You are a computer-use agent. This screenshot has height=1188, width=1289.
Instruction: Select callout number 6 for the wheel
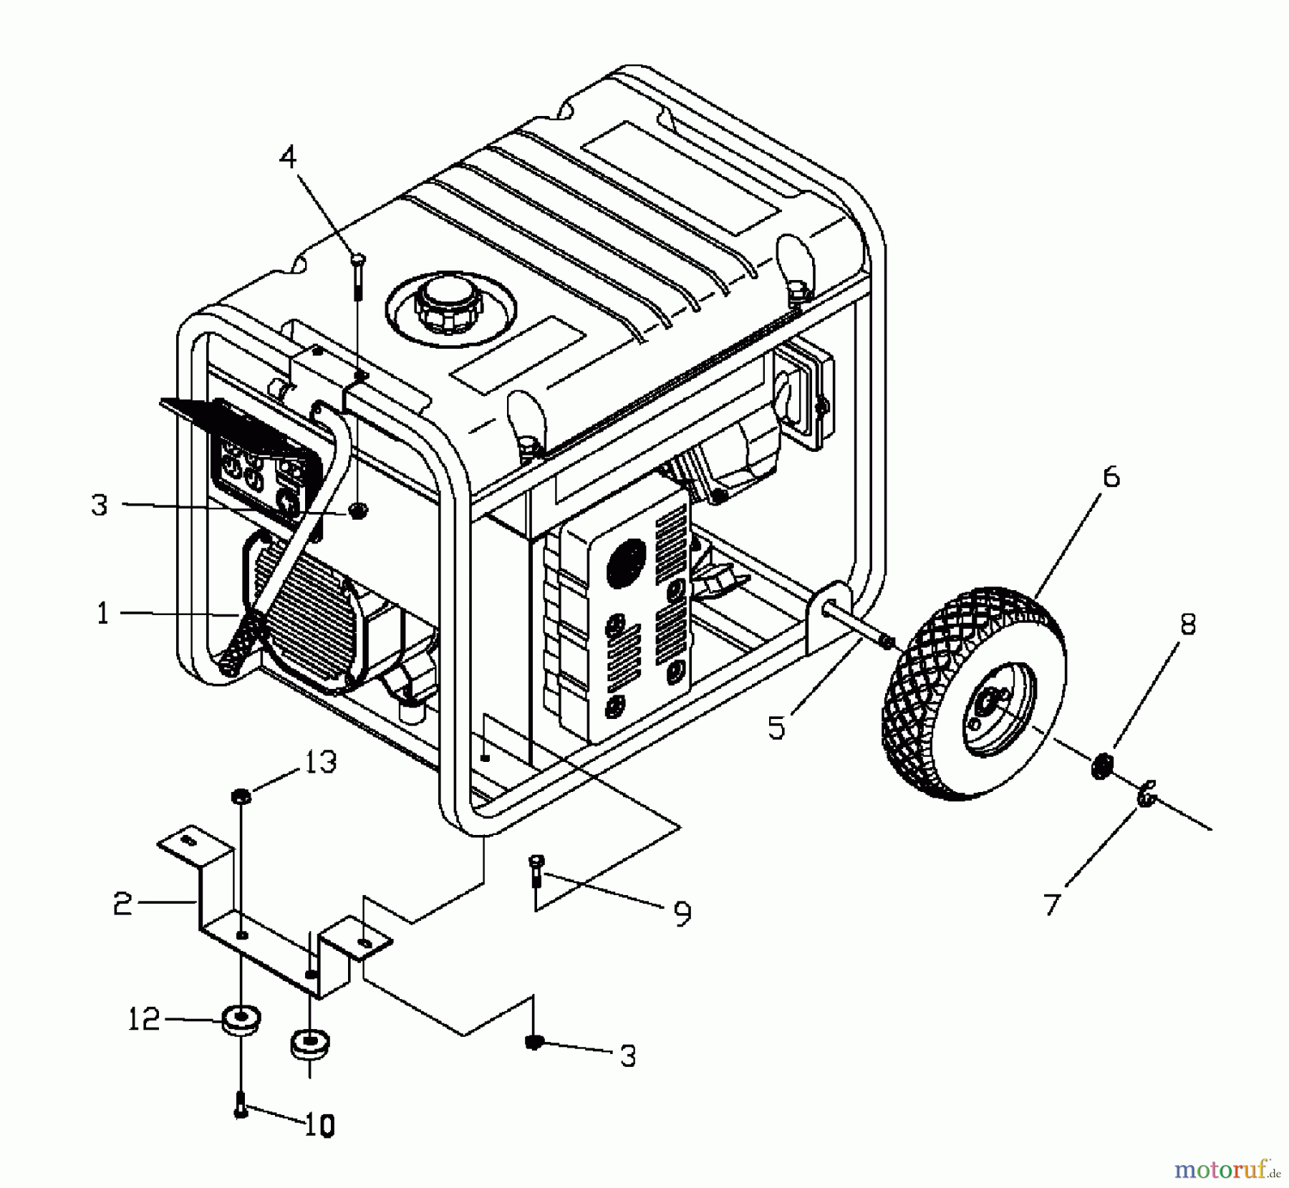(x=1110, y=477)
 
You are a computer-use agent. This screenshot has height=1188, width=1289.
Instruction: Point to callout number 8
(x=1187, y=624)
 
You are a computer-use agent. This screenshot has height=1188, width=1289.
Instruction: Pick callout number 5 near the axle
(x=777, y=728)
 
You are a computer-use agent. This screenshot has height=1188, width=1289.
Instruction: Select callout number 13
(x=321, y=762)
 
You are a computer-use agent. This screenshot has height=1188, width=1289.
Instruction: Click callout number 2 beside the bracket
(x=122, y=905)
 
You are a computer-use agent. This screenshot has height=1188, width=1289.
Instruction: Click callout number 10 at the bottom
(x=320, y=1127)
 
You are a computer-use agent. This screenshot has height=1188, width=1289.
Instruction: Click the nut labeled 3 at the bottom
(x=533, y=1042)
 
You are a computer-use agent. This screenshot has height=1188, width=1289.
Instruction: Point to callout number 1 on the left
(x=103, y=614)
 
